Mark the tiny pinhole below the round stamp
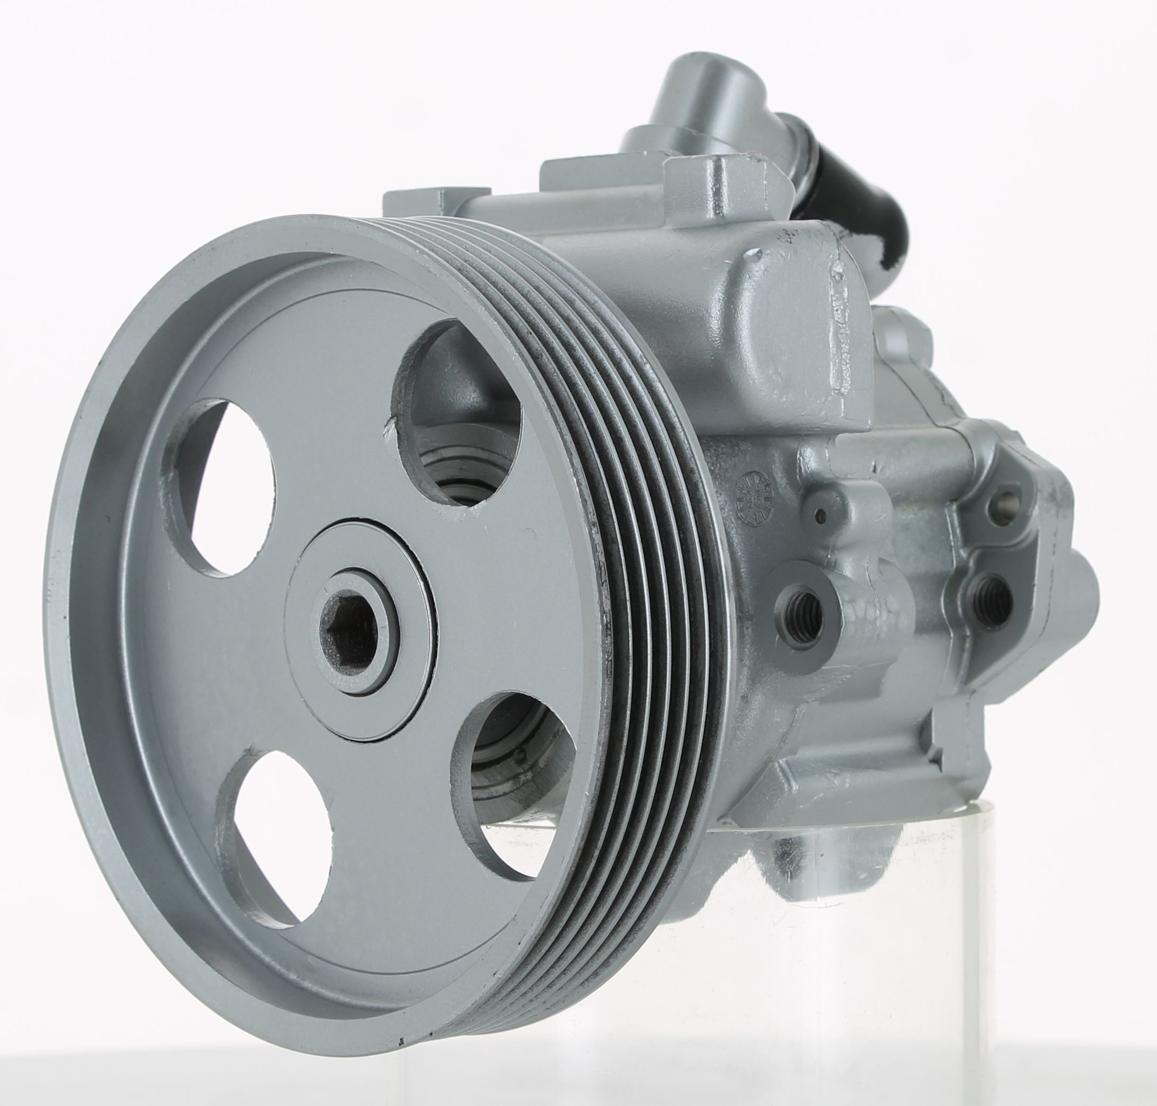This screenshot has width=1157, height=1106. tap(820, 517)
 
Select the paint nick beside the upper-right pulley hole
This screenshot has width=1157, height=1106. tap(388, 425)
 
